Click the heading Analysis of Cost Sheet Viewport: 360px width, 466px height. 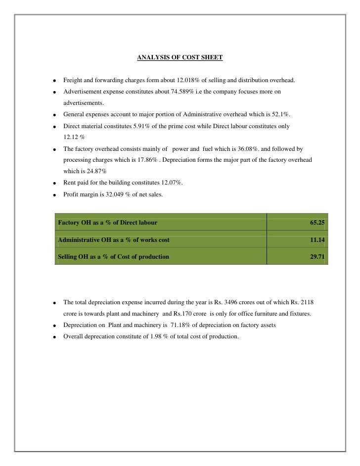tap(180, 58)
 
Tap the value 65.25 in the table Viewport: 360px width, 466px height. tap(317, 223)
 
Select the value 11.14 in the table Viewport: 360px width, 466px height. tap(317, 240)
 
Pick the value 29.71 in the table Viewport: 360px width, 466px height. tap(317, 257)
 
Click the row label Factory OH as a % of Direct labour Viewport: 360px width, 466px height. tap(108, 223)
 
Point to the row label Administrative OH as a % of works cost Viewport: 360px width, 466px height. tap(114, 240)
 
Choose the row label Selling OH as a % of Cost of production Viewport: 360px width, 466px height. tap(113, 257)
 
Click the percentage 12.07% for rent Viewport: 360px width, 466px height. tap(171, 183)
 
